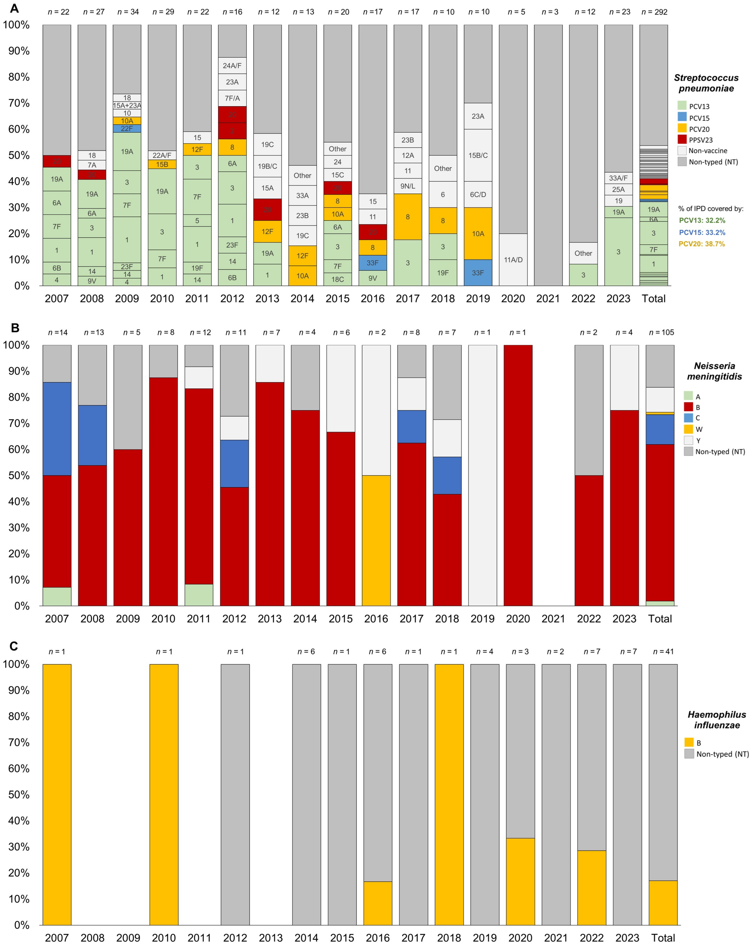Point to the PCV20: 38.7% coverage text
(x=702, y=244)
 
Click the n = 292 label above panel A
(x=654, y=12)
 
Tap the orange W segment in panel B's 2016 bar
(x=376, y=540)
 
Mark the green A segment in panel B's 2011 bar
(x=199, y=595)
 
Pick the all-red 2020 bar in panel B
(x=518, y=475)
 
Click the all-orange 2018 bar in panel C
(x=449, y=794)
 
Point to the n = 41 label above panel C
(x=663, y=651)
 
